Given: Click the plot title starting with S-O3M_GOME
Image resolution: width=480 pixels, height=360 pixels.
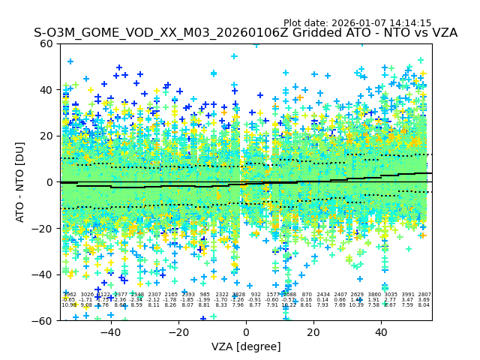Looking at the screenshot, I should [x=245, y=33].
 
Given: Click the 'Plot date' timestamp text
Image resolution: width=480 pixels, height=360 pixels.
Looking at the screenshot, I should [x=357, y=23].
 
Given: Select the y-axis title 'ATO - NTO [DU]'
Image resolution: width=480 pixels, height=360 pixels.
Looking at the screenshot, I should [x=20, y=182].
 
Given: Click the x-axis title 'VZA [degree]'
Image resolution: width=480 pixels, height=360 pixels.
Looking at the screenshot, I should [x=246, y=346].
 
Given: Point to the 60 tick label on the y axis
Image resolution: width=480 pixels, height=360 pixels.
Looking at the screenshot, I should [x=47, y=43].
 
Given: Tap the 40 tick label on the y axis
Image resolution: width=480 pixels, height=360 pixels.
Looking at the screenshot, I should [x=47, y=90].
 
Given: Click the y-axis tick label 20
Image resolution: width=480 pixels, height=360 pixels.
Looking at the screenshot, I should [x=47, y=136].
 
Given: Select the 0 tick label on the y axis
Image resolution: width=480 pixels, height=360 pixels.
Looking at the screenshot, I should [x=50, y=182].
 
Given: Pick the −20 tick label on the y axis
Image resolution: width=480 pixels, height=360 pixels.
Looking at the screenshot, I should [x=44, y=228].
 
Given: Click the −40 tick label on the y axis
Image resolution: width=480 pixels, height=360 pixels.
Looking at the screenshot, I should [x=44, y=274].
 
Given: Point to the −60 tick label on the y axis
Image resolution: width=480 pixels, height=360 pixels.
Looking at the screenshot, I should [x=44, y=320].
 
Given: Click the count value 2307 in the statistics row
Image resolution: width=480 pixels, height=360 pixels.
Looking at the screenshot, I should [x=154, y=295].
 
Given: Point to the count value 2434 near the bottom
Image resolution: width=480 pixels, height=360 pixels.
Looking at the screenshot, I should [x=323, y=295].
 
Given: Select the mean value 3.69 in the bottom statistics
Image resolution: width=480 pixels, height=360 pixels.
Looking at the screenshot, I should [x=424, y=300].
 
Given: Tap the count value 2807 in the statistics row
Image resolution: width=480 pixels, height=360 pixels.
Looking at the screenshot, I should [x=424, y=295].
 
